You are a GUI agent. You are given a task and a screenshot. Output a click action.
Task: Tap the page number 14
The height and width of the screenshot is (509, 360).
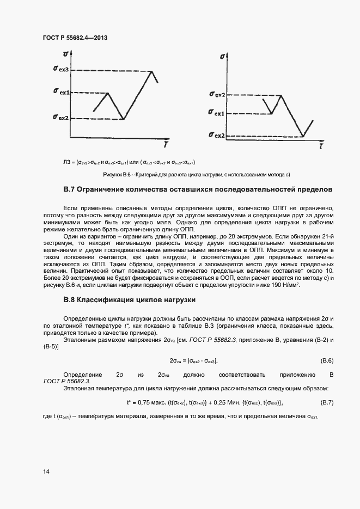46,471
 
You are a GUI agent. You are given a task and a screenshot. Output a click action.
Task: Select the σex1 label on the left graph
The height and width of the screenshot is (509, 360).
62,93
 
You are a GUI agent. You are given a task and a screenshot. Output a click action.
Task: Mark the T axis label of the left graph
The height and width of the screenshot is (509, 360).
165,145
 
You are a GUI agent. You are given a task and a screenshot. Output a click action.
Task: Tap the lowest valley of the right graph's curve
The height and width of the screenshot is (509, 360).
303,136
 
